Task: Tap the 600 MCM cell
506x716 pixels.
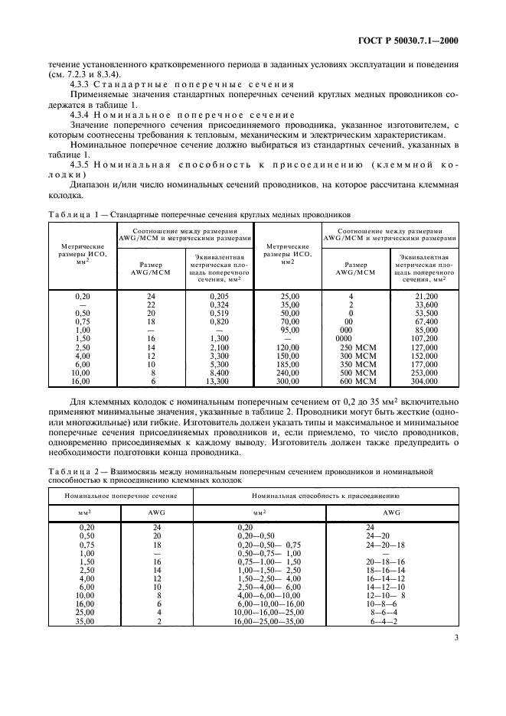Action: point(355,380)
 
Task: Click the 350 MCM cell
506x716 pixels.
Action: point(355,363)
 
